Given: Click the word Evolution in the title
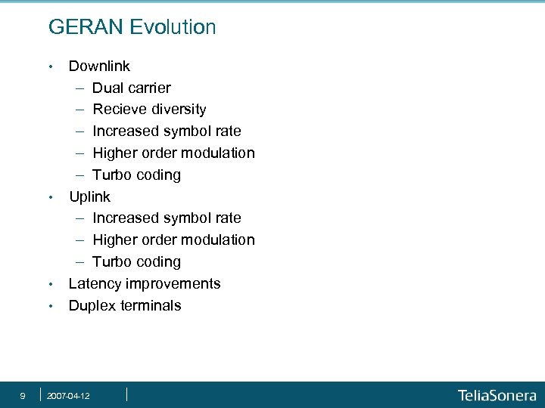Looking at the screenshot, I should pyautogui.click(x=173, y=28).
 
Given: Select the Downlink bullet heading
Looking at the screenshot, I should pyautogui.click(x=99, y=66).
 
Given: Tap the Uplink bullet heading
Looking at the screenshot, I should pyautogui.click(x=89, y=197).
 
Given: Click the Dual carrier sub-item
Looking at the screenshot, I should pyautogui.click(x=132, y=88).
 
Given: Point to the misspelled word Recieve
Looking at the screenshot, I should pyautogui.click(x=117, y=110).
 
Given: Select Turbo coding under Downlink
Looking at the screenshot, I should pyautogui.click(x=137, y=175).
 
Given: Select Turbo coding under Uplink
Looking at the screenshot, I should pyautogui.click(x=137, y=262).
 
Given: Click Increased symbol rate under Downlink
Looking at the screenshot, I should pyautogui.click(x=167, y=131).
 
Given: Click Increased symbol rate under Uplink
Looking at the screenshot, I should pyautogui.click(x=167, y=218).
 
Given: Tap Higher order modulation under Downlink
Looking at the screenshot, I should pyautogui.click(x=173, y=153).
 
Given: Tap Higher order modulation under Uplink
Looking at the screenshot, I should pyautogui.click(x=173, y=240).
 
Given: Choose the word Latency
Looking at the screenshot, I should pyautogui.click(x=95, y=284).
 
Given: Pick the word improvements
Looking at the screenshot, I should pyautogui.click(x=173, y=284).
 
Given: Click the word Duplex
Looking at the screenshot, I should pyautogui.click(x=92, y=306).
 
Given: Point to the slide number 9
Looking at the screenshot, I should pyautogui.click(x=23, y=395).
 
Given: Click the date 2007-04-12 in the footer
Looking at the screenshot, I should pyautogui.click(x=68, y=396).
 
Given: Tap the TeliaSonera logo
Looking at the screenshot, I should pyautogui.click(x=497, y=395).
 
